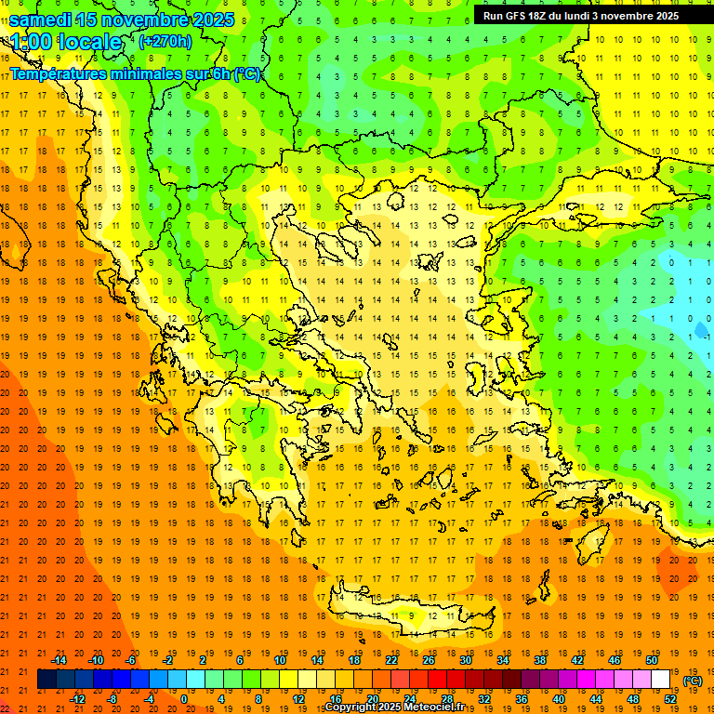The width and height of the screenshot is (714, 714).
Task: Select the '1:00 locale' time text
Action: coord(65,42)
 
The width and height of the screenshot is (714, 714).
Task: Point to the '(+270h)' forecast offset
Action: coord(165,41)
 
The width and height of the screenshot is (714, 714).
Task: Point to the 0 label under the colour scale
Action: coord(184,699)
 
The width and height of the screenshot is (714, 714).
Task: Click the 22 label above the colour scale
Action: coord(391,660)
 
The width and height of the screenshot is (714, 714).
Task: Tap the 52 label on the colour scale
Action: coord(670,699)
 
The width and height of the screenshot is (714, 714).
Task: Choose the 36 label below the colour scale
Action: coord(522,699)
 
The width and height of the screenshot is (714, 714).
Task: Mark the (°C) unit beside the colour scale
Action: coord(693,681)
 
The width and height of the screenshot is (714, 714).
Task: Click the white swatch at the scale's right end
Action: coord(661,680)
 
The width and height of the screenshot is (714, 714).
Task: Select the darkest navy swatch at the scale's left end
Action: coord(46,680)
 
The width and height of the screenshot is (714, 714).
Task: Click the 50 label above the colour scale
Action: coord(652,660)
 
